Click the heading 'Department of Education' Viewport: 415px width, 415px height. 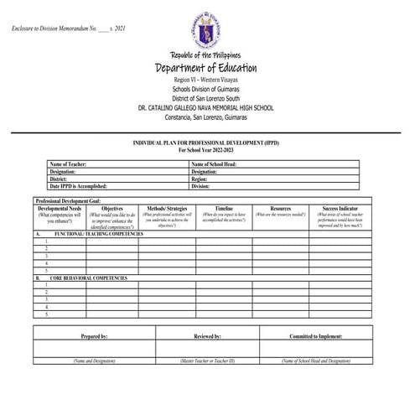[205, 68]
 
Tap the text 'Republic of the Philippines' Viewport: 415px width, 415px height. [205, 54]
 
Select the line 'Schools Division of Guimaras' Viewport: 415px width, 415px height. [205, 88]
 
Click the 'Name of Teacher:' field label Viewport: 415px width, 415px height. [69, 164]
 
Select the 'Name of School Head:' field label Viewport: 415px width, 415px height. [214, 164]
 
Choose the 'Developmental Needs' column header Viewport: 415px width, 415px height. [60, 208]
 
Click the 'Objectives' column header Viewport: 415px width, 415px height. [112, 208]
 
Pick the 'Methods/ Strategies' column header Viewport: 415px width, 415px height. [167, 208]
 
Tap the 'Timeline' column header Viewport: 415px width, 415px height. [224, 208]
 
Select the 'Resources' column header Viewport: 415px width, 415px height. [281, 208]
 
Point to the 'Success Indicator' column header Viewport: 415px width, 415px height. [339, 208]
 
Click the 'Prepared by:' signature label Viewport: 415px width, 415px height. [94, 335]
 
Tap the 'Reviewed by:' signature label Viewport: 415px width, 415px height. [207, 335]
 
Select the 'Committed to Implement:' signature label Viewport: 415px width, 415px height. [316, 335]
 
